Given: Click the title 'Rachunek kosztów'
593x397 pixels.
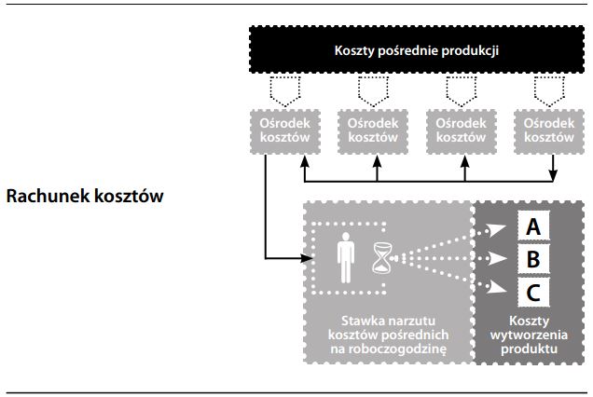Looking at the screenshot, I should tap(84, 197).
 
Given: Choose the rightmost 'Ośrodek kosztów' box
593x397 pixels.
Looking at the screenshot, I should tap(548, 130).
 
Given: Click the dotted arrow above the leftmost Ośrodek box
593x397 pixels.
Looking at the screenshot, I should tap(284, 91).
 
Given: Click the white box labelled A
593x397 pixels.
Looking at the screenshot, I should tap(532, 226).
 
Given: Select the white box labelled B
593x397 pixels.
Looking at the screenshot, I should tap(532, 257).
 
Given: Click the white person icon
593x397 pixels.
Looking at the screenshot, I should tap(346, 256).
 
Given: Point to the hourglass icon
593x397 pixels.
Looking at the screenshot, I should tap(382, 257).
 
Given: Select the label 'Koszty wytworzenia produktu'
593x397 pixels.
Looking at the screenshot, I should tap(528, 333).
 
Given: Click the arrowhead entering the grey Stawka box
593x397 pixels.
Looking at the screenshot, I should tap(303, 256).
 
